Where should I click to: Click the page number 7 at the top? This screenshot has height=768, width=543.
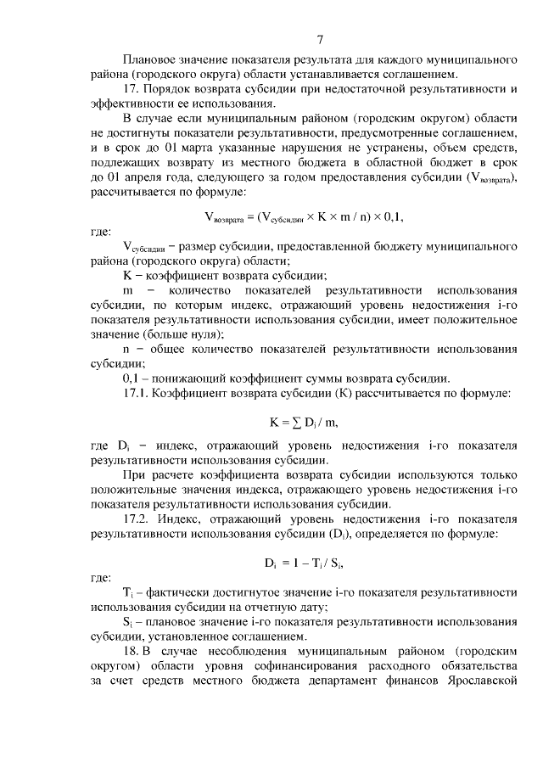(x=321, y=38)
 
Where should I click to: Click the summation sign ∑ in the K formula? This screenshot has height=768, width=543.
(x=296, y=421)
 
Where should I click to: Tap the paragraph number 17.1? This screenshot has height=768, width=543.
(x=137, y=392)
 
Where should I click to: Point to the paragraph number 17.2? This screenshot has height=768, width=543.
(x=137, y=518)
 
